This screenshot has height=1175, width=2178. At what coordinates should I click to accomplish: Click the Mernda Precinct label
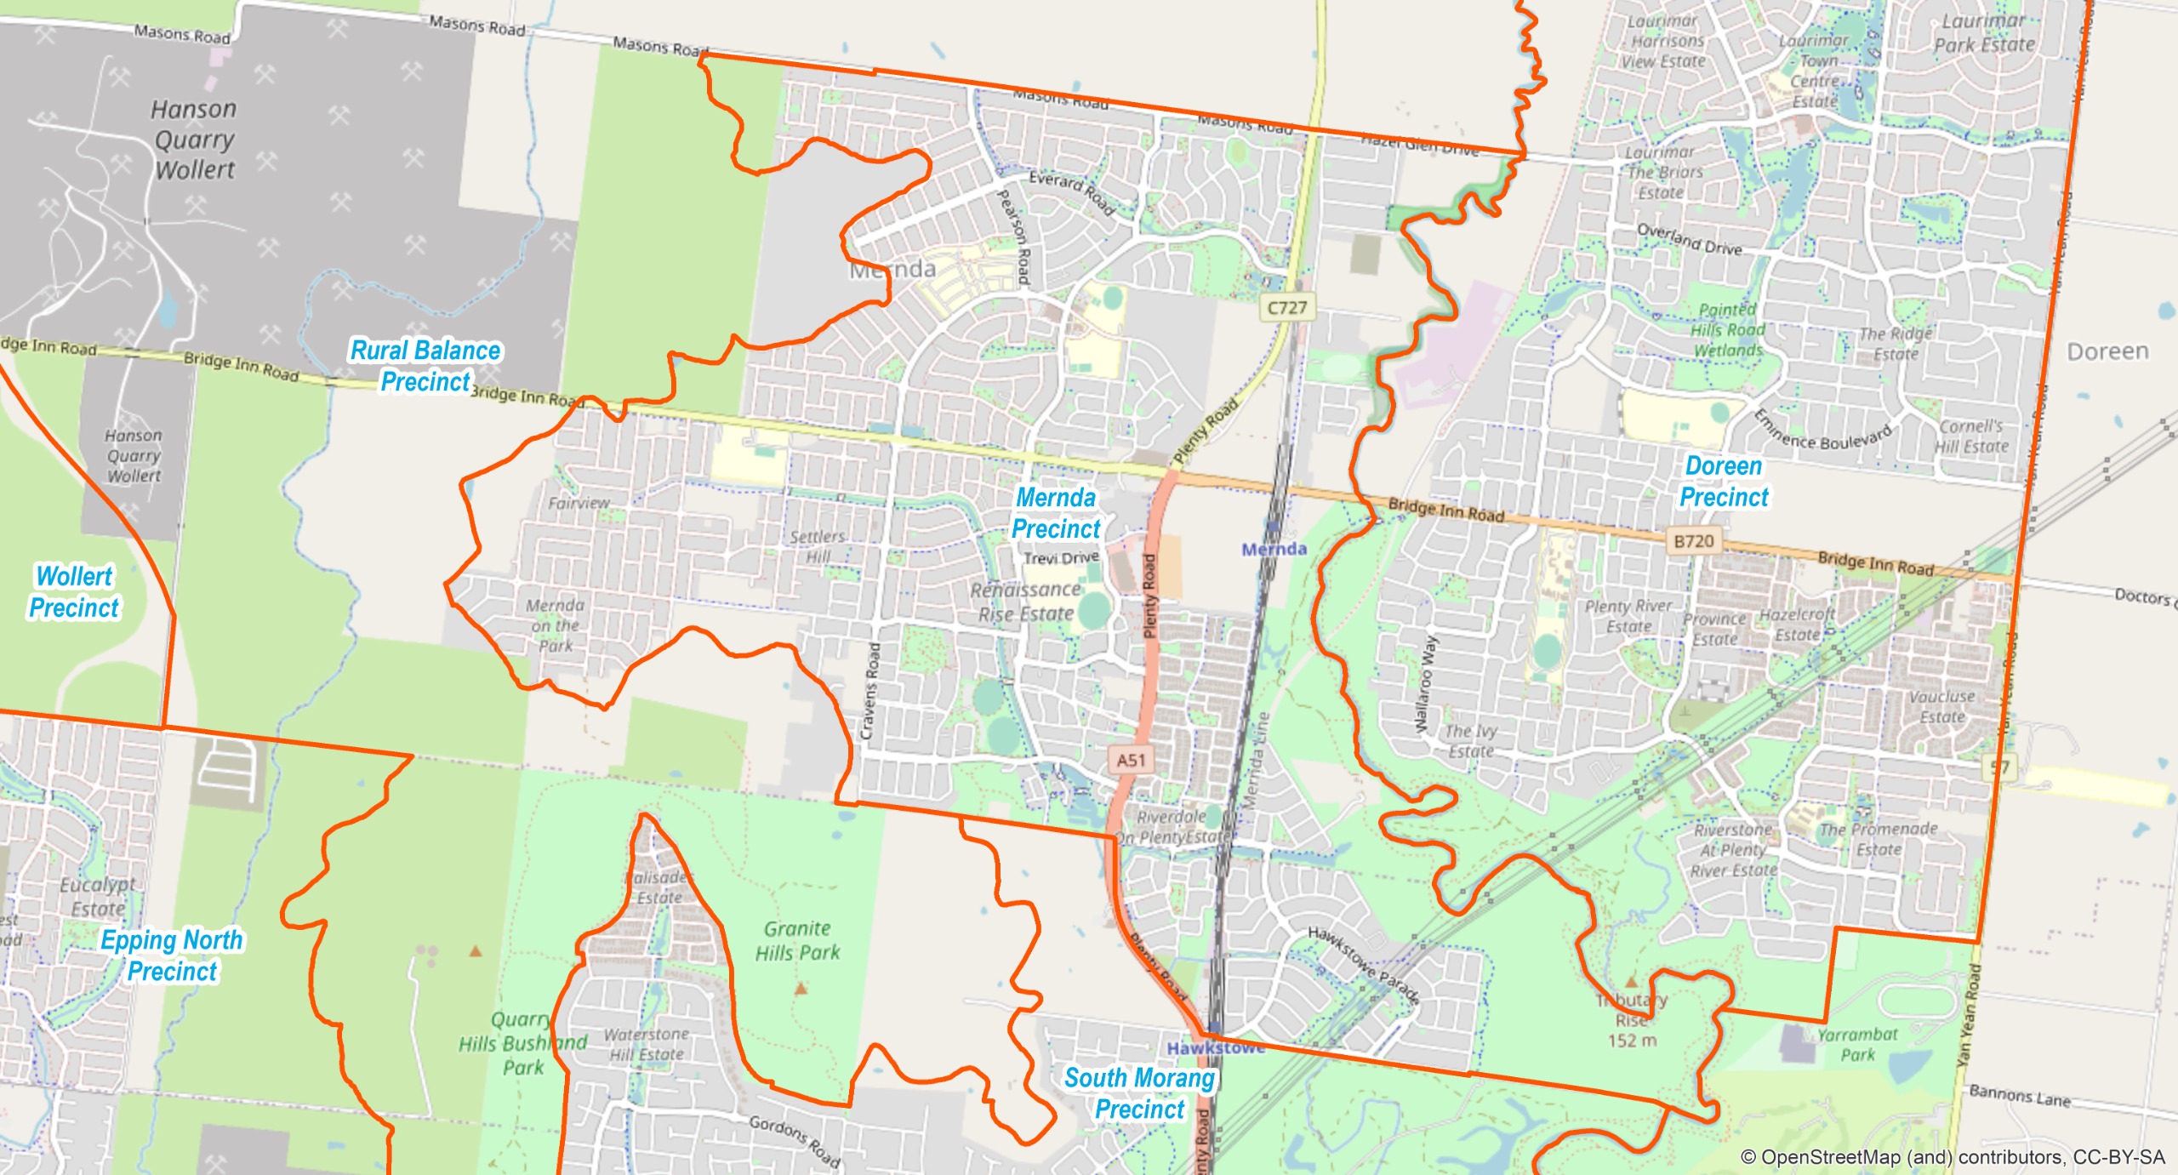click(x=1056, y=513)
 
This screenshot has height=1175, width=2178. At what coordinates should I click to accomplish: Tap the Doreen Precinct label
click(x=1724, y=482)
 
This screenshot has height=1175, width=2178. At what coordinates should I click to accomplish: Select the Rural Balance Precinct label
click(x=425, y=366)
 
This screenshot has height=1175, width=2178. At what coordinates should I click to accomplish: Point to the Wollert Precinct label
click(x=74, y=592)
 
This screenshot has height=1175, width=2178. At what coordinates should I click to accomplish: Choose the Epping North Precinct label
click(x=172, y=955)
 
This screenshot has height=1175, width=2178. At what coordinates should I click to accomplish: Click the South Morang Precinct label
click(x=1139, y=1093)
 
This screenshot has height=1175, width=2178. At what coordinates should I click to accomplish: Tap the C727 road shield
click(x=1286, y=307)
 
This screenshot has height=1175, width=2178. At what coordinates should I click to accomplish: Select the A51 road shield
click(x=1131, y=760)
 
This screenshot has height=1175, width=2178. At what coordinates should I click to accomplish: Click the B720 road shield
click(x=1693, y=541)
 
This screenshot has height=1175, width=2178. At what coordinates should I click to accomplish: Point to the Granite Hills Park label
click(x=797, y=940)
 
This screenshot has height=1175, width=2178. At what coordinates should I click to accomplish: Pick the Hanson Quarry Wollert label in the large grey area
click(x=194, y=140)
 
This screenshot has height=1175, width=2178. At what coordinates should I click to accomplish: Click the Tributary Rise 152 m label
click(x=1632, y=1019)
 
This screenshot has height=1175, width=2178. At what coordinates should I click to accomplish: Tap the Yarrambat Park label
click(x=1857, y=1044)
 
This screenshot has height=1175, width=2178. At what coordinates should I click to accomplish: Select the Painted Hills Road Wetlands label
click(x=1727, y=330)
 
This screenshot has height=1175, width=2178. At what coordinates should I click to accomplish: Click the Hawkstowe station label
click(x=1215, y=1048)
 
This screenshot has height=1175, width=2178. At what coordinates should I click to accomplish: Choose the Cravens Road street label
click(x=870, y=691)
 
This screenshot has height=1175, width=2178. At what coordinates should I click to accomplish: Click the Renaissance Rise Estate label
click(x=1026, y=602)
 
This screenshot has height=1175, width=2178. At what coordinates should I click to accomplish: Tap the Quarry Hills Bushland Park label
click(x=522, y=1043)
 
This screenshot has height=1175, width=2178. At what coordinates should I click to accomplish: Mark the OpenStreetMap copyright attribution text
click(x=1952, y=1157)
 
